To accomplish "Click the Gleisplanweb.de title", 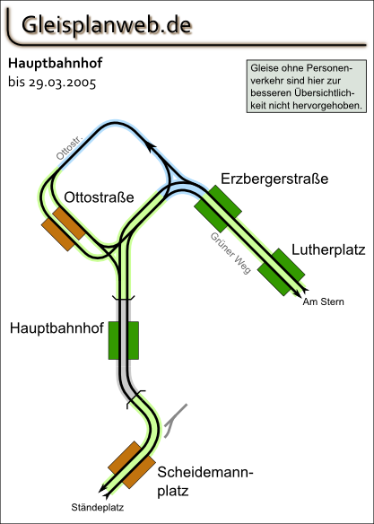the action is pos(106,25).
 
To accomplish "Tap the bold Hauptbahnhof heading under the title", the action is pos(55,64).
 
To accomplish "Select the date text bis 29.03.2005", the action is pos(52,83).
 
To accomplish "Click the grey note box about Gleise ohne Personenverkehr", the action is pos(306,86).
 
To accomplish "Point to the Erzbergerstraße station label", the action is pos(274,179).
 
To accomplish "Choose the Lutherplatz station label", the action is pos(328,250).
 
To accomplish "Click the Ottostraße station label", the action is pos(99,197).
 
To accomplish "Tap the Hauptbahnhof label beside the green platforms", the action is pos(57,328).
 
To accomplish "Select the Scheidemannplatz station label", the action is pos(205,482).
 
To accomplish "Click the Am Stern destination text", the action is pos(323,301).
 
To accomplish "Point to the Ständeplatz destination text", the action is pos(98,508).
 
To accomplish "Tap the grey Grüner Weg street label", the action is pos(230,253).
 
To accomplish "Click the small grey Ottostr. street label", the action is pos(69,148).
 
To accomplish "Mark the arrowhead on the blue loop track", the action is pos(151,147).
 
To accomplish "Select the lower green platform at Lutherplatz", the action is pos(274,279).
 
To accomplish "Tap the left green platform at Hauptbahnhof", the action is pos(113,341).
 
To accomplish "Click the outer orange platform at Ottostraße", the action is pos(57,234).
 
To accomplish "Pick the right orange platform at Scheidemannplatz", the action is pos(139,472).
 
